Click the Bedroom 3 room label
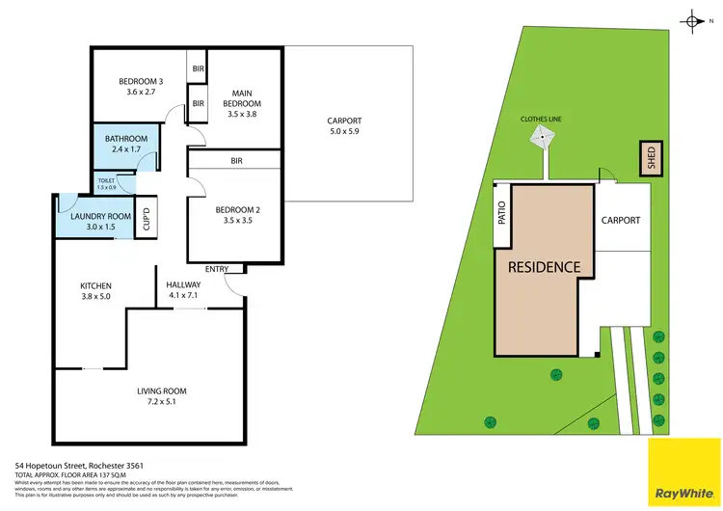tap(141, 82)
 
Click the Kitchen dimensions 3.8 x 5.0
tap(96, 298)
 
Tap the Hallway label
tap(183, 285)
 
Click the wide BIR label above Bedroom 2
tap(235, 161)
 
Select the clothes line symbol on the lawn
tap(543, 139)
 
